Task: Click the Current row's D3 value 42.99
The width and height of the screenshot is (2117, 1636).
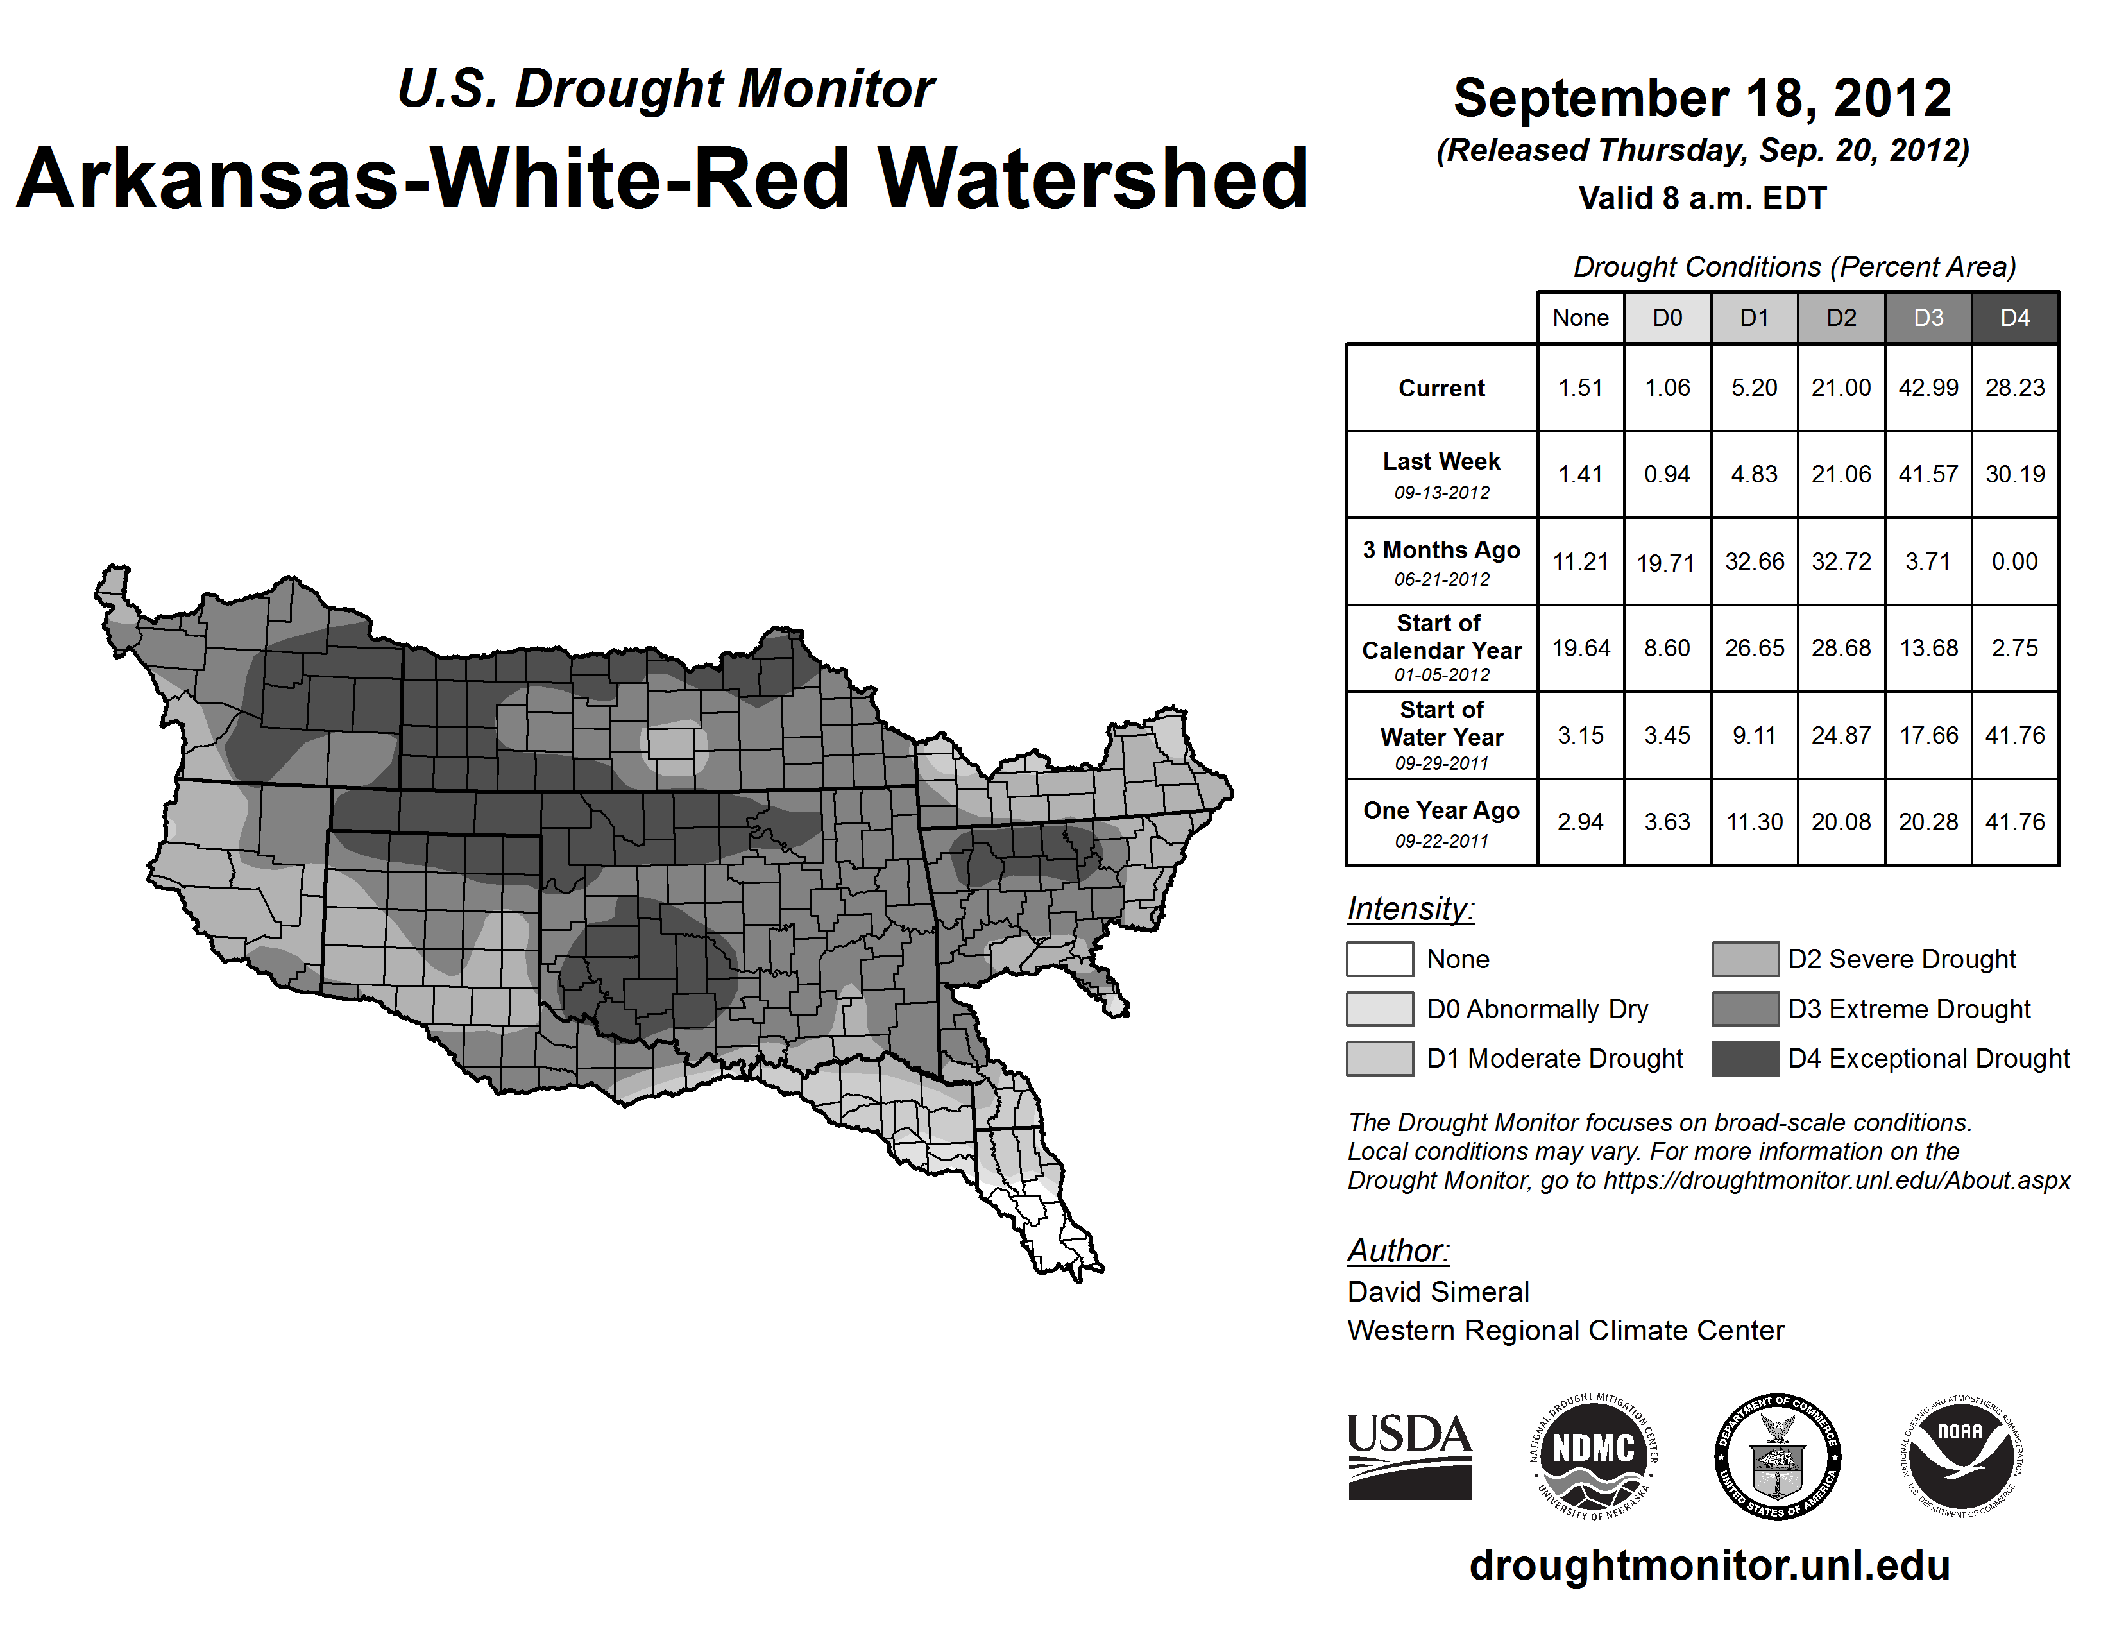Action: coord(1928,388)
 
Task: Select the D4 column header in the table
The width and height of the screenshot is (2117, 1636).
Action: coord(2014,318)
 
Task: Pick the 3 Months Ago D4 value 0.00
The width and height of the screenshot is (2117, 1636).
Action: coord(2014,561)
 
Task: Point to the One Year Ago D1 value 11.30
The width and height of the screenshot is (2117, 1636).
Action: coord(1755,822)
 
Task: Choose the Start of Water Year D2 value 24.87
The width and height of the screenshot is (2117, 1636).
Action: coord(1841,736)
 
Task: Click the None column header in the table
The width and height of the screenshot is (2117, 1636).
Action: coord(1581,318)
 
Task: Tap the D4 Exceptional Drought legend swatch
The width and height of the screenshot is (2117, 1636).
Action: coord(1745,1059)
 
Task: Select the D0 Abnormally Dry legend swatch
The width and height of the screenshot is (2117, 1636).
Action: coord(1379,1009)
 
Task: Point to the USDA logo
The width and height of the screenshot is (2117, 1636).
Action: coord(1409,1457)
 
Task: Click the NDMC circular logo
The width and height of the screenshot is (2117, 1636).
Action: coord(1594,1457)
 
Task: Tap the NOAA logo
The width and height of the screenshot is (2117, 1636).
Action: coord(1961,1457)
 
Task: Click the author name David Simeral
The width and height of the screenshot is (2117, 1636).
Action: coord(1438,1292)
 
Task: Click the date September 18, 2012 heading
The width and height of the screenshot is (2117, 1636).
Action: coord(1702,99)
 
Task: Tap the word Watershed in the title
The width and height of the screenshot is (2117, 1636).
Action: coord(1093,179)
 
